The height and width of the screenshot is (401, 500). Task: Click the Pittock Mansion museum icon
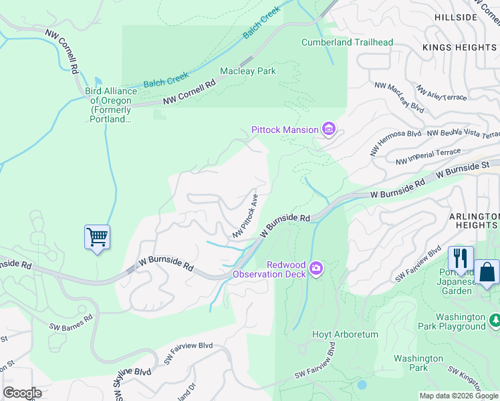coord(328,129)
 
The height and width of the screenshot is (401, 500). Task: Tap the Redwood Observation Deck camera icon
coord(316,269)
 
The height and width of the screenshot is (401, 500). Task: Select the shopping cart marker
coord(98,237)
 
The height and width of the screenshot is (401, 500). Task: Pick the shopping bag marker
coord(487,272)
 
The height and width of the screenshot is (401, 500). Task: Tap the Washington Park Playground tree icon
coord(495,321)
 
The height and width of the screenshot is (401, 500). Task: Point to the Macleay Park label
coord(248,71)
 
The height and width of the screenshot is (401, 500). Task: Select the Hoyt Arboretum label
coord(346,334)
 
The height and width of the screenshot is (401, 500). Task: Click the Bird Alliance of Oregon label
coord(111,105)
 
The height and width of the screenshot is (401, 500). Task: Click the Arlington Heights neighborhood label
coord(473,221)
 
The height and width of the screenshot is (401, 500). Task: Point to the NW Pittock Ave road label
coord(245,216)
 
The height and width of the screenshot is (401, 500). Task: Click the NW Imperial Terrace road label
coord(428,157)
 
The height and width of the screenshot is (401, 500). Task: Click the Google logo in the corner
coord(22,393)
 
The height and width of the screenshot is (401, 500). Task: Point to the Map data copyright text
coord(459,396)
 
